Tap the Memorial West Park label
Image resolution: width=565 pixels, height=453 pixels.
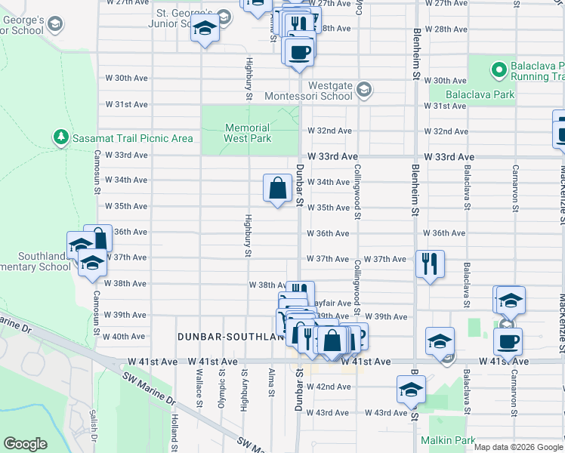coord(247,134)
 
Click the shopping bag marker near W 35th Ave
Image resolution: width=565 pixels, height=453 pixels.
coord(278,187)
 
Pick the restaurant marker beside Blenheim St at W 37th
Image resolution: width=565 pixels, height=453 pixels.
coord(430,264)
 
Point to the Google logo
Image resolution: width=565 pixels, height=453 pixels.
coord(26,444)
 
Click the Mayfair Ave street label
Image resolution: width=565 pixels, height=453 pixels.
coord(333,304)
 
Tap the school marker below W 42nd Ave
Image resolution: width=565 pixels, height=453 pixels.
coord(411,390)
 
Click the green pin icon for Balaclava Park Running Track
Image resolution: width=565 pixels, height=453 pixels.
coord(499,71)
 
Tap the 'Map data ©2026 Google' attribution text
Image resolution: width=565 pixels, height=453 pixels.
coord(517,447)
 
